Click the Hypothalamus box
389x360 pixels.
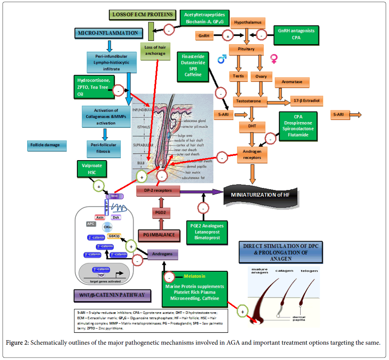click(x=248, y=22)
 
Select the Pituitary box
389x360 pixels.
click(x=246, y=49)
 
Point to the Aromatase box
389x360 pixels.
click(x=292, y=82)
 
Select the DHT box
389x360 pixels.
click(x=252, y=127)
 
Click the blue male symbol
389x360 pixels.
click(x=222, y=60)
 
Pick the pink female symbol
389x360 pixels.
click(x=274, y=59)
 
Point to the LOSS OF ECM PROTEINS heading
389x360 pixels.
click(x=143, y=15)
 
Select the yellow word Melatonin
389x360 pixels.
click(x=194, y=276)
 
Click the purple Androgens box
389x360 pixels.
click(x=162, y=254)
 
